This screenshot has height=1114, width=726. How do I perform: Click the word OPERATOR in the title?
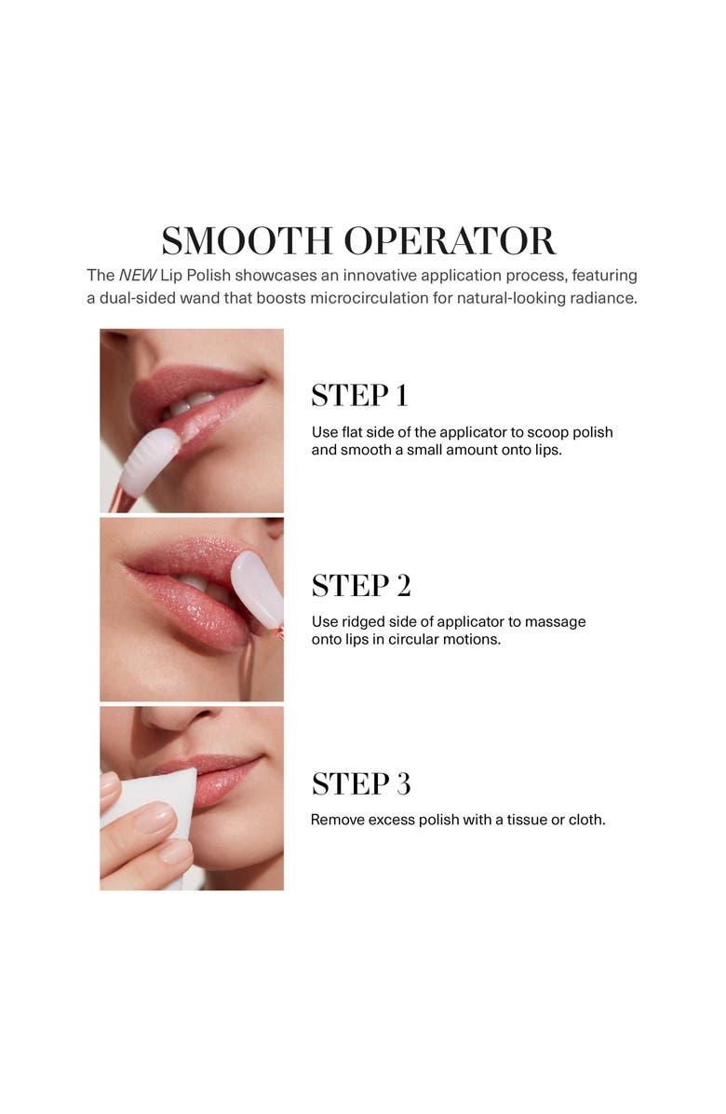450,240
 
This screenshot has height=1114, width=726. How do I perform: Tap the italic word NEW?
137,276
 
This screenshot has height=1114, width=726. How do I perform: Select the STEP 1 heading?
359,396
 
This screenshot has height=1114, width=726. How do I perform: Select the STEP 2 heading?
360,586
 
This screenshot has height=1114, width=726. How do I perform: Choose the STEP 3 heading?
360,784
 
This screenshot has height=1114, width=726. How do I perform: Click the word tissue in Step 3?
519,821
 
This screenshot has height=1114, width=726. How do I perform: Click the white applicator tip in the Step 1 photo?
149,461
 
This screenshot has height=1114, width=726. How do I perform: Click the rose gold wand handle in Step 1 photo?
121,501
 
